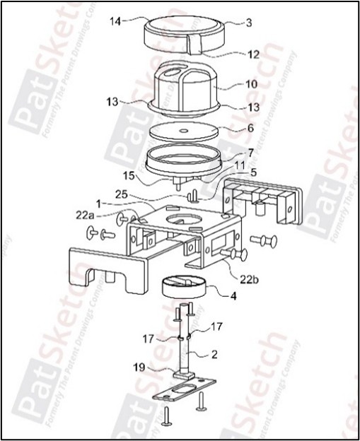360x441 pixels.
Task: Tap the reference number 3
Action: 249,23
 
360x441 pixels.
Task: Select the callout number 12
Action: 252,54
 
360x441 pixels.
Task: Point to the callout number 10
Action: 252,83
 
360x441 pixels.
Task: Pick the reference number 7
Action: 250,153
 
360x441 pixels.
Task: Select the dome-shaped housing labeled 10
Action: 185,88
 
